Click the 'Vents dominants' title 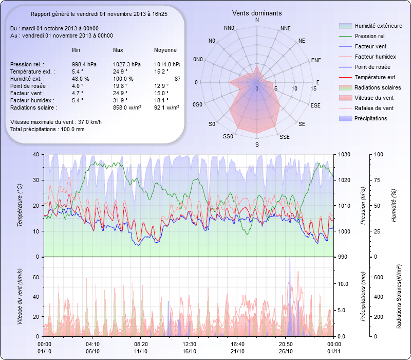coord(256,13)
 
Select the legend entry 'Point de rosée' coord(372,67)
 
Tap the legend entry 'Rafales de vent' coord(374,109)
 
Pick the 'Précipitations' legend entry coord(371,119)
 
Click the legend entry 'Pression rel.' coord(370,37)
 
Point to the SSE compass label coord(284,137)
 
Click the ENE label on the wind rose coord(316,60)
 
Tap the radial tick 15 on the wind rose coord(313,89)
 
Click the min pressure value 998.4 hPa coord(85,64)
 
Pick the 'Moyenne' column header coord(165,50)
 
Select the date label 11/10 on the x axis coord(141,351)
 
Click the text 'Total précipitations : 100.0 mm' coord(47,129)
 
